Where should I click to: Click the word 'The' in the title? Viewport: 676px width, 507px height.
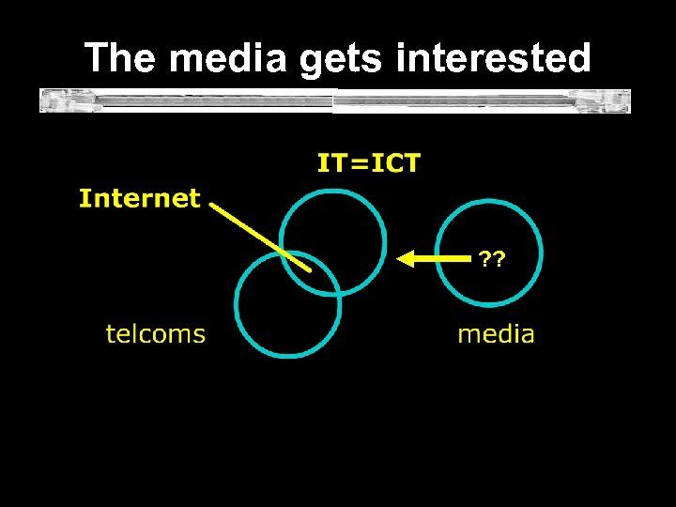click(120, 58)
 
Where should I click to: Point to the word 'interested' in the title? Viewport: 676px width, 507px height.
click(494, 58)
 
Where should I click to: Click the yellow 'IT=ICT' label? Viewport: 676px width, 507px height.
click(369, 163)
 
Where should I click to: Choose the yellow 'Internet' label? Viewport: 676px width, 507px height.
click(140, 198)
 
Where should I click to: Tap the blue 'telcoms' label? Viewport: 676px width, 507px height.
click(155, 333)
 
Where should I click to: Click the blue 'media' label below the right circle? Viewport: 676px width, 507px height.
click(496, 333)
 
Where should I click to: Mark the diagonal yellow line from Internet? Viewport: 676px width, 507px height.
click(258, 234)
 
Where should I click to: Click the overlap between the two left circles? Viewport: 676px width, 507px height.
click(310, 273)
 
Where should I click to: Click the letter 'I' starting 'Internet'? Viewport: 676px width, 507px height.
click(84, 198)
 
